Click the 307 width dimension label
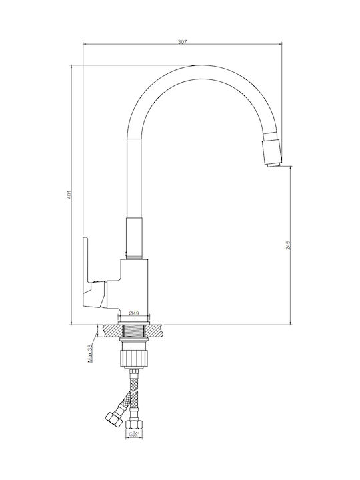point(182,42)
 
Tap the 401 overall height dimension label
point(69,195)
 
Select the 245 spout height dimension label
point(288,245)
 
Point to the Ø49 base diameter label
point(134,313)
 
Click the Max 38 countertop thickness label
point(90,353)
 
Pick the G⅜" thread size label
point(134,434)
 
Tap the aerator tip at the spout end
point(273,153)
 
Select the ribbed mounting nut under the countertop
point(134,359)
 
